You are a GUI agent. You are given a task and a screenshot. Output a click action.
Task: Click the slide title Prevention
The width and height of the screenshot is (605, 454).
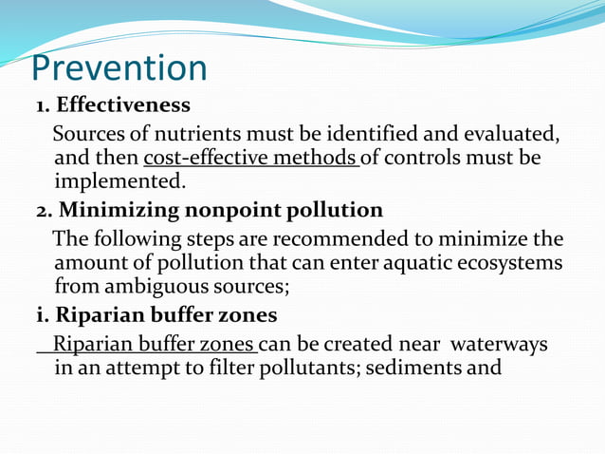[x=119, y=68]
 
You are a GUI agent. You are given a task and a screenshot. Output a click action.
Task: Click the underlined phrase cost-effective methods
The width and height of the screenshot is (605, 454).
[x=250, y=156]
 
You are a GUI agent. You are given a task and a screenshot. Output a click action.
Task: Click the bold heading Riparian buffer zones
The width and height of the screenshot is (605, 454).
[x=153, y=315]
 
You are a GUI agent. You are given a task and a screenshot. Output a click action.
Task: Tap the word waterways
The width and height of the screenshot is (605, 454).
[x=499, y=344]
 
